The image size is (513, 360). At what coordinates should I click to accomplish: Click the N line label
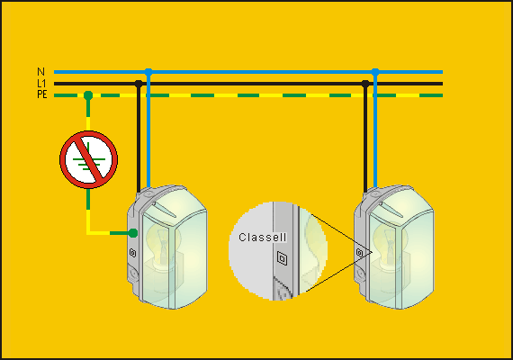click(x=40, y=72)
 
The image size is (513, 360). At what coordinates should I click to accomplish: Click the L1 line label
click(x=42, y=84)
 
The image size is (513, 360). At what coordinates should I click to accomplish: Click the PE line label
click(x=42, y=94)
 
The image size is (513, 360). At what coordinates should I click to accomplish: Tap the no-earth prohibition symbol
click(x=88, y=159)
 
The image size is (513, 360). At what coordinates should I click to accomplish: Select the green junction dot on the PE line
click(x=88, y=95)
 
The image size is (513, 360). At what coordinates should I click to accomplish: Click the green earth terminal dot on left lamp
click(x=133, y=233)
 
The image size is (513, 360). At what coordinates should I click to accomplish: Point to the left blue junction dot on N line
click(x=148, y=72)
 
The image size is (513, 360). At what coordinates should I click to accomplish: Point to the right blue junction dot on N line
click(x=375, y=72)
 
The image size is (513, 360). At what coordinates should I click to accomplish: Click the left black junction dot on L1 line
click(x=139, y=84)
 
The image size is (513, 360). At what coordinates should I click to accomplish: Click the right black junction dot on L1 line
click(x=365, y=84)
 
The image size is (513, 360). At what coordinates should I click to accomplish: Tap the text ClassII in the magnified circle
click(x=263, y=238)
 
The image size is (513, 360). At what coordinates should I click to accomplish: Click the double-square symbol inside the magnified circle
click(x=282, y=258)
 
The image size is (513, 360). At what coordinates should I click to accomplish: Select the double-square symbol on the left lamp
click(x=133, y=253)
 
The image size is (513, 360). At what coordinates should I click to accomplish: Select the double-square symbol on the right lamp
click(x=360, y=253)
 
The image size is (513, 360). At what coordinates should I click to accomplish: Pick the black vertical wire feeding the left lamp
click(x=139, y=138)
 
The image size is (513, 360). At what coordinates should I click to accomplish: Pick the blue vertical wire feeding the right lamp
click(x=375, y=130)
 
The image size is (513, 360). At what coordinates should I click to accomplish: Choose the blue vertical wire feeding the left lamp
click(x=148, y=130)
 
